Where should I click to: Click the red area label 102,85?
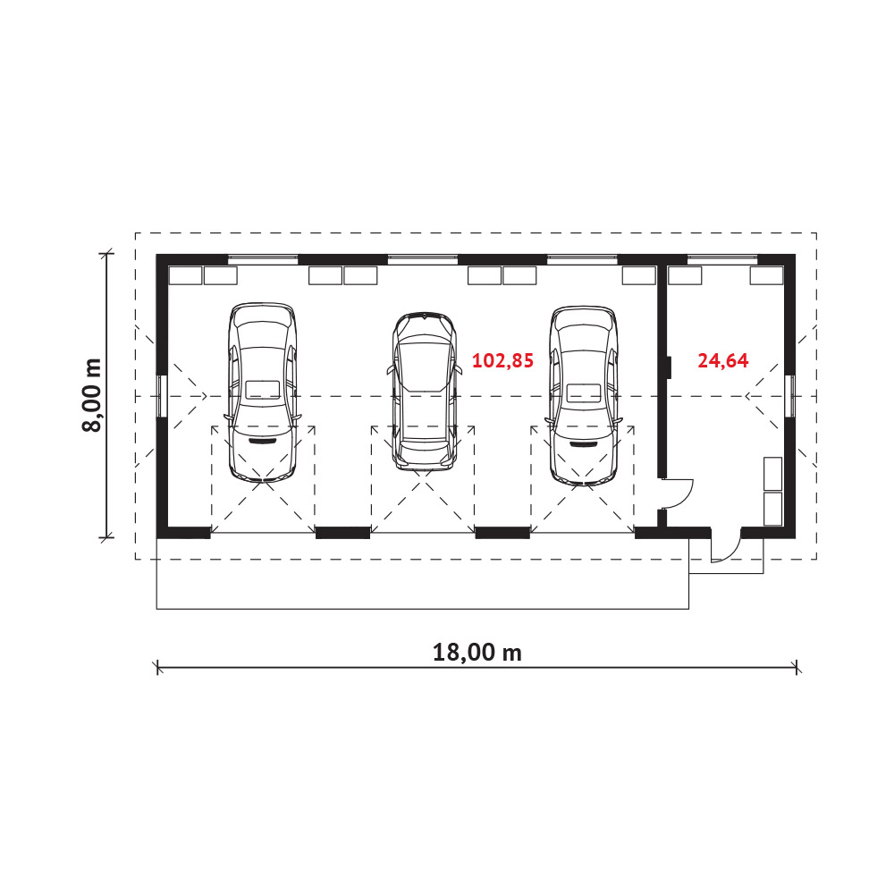pyautogui.click(x=502, y=361)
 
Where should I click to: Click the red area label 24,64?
pyautogui.click(x=723, y=361)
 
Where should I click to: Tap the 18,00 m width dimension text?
pyautogui.click(x=477, y=653)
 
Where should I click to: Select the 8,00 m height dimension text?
pyautogui.click(x=91, y=395)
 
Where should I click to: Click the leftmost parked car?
pyautogui.click(x=262, y=392)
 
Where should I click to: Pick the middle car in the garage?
pyautogui.click(x=424, y=392)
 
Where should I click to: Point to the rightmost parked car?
pyautogui.click(x=583, y=396)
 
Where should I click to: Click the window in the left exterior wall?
pyautogui.click(x=162, y=396)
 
